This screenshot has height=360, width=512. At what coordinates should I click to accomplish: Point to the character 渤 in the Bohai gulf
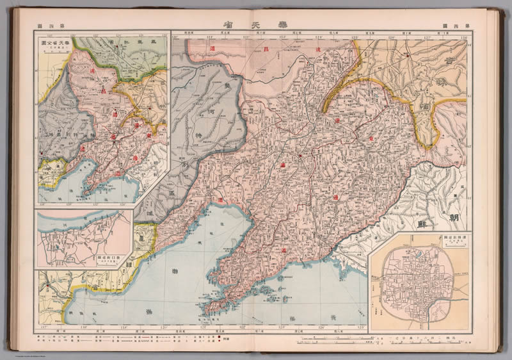[174, 272]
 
